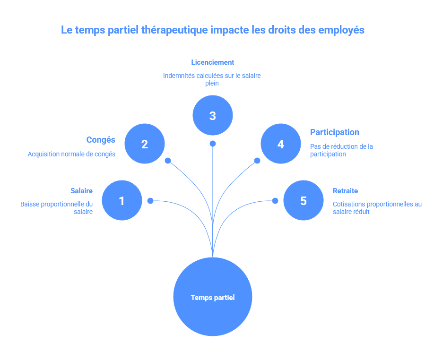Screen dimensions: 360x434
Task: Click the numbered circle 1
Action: pyautogui.click(x=122, y=200)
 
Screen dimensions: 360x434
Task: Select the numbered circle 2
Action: pyautogui.click(x=145, y=144)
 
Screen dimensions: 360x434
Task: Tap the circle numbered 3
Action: pyautogui.click(x=213, y=115)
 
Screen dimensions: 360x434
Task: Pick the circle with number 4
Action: pyautogui.click(x=281, y=144)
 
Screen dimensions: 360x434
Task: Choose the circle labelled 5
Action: pyautogui.click(x=303, y=200)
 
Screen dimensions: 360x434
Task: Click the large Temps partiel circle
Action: pyautogui.click(x=213, y=297)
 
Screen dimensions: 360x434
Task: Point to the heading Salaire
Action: pyautogui.click(x=82, y=191)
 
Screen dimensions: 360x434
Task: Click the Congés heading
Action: pyautogui.click(x=101, y=140)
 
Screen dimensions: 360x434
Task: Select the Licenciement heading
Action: pyautogui.click(x=213, y=62)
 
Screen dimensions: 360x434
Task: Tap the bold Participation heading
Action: pyautogui.click(x=335, y=132)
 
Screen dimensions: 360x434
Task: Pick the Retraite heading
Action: pyautogui.click(x=345, y=191)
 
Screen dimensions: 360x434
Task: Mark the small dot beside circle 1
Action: pyautogui.click(x=150, y=201)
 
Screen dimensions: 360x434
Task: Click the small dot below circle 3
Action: pyautogui.click(x=213, y=144)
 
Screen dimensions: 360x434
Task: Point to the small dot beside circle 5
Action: pyautogui.click(x=275, y=201)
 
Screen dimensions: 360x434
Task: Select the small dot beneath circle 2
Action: pyautogui.click(x=168, y=161)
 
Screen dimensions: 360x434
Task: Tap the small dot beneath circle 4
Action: pyautogui.click(x=257, y=161)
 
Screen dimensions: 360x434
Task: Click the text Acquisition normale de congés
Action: pyautogui.click(x=71, y=154)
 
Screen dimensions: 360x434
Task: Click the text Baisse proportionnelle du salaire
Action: pyautogui.click(x=57, y=208)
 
